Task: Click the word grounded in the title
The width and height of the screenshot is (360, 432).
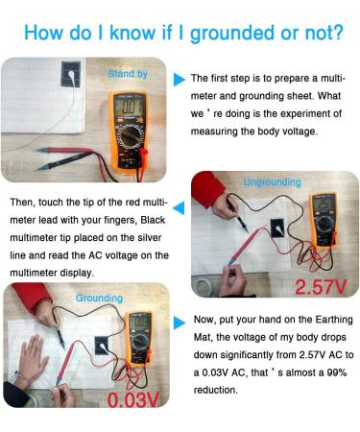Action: pyautogui.click(x=232, y=33)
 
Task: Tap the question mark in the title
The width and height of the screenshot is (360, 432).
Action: pyautogui.click(x=337, y=33)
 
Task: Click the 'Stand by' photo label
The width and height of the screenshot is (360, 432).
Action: pyautogui.click(x=128, y=74)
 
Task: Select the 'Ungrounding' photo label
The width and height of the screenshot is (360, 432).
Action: pyautogui.click(x=272, y=182)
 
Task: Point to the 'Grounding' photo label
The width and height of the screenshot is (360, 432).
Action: pyautogui.click(x=99, y=299)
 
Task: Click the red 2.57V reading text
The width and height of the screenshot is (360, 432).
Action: pyautogui.click(x=321, y=287)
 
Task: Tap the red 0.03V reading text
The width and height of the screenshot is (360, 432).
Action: pyautogui.click(x=132, y=399)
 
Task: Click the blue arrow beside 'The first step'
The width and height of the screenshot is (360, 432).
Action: pyautogui.click(x=180, y=80)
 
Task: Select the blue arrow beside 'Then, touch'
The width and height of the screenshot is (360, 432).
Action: pyautogui.click(x=179, y=208)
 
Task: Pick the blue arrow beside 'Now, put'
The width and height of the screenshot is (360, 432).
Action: pyautogui.click(x=180, y=323)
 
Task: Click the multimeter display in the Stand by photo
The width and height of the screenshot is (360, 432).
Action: pyautogui.click(x=129, y=107)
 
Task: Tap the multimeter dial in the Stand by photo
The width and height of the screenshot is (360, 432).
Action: pyautogui.click(x=131, y=136)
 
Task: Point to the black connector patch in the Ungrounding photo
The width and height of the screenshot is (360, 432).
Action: pyautogui.click(x=277, y=228)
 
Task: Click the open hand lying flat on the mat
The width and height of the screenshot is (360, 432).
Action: pyautogui.click(x=33, y=354)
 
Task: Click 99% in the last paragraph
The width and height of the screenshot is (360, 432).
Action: pyautogui.click(x=337, y=372)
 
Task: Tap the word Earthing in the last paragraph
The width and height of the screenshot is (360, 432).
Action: pyautogui.click(x=334, y=320)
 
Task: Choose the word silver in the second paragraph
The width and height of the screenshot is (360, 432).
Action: pyautogui.click(x=150, y=238)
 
